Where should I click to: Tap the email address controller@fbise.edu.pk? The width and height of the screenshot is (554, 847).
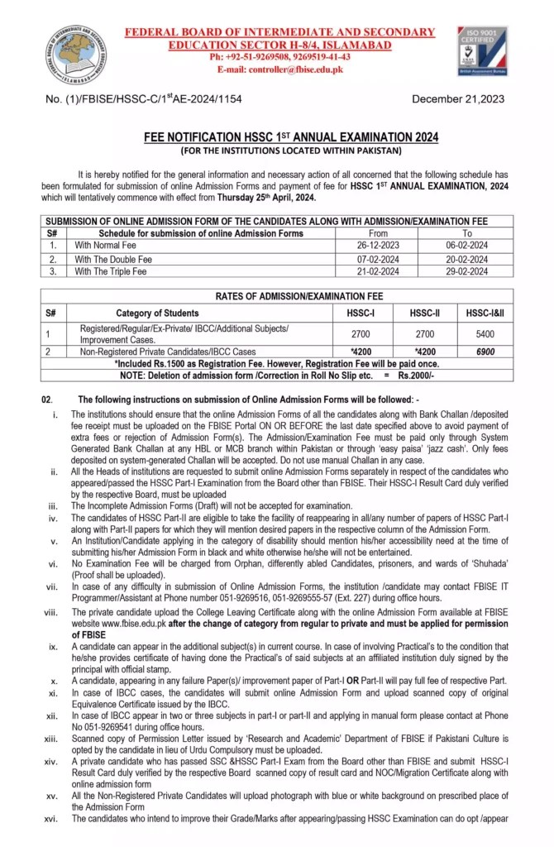click(279, 69)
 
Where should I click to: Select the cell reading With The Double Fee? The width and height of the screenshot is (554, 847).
click(113, 258)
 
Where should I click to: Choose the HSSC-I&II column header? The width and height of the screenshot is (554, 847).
click(488, 313)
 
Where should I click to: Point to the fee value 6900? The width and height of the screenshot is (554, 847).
click(488, 352)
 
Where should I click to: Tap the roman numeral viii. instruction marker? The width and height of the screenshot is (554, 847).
click(54, 613)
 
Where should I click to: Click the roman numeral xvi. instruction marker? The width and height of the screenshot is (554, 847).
click(54, 818)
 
